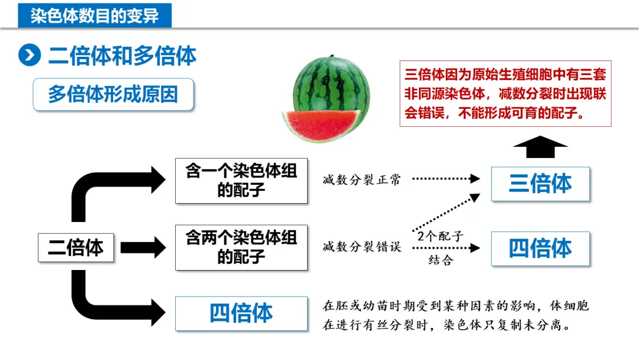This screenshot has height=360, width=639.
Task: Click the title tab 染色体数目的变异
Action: click(x=95, y=15)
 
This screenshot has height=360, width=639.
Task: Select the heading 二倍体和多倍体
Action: click(x=122, y=56)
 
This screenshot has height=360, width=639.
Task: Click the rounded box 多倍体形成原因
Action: click(x=113, y=94)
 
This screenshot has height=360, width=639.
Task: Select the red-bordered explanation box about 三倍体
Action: click(x=505, y=94)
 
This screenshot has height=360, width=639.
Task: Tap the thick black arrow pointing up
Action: click(x=540, y=147)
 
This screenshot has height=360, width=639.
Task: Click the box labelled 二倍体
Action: click(x=76, y=247)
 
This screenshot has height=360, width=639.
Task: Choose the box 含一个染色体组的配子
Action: click(x=241, y=180)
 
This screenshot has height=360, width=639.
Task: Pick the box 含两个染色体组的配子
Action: click(x=241, y=247)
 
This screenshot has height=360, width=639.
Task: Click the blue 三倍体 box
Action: click(x=540, y=184)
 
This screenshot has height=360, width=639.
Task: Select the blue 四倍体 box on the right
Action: click(x=540, y=248)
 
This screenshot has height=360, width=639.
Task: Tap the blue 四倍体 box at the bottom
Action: click(x=241, y=313)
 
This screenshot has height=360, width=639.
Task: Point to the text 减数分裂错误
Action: click(x=362, y=247)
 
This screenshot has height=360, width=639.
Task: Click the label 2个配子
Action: click(x=440, y=236)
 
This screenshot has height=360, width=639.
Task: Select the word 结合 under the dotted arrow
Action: click(x=440, y=261)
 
